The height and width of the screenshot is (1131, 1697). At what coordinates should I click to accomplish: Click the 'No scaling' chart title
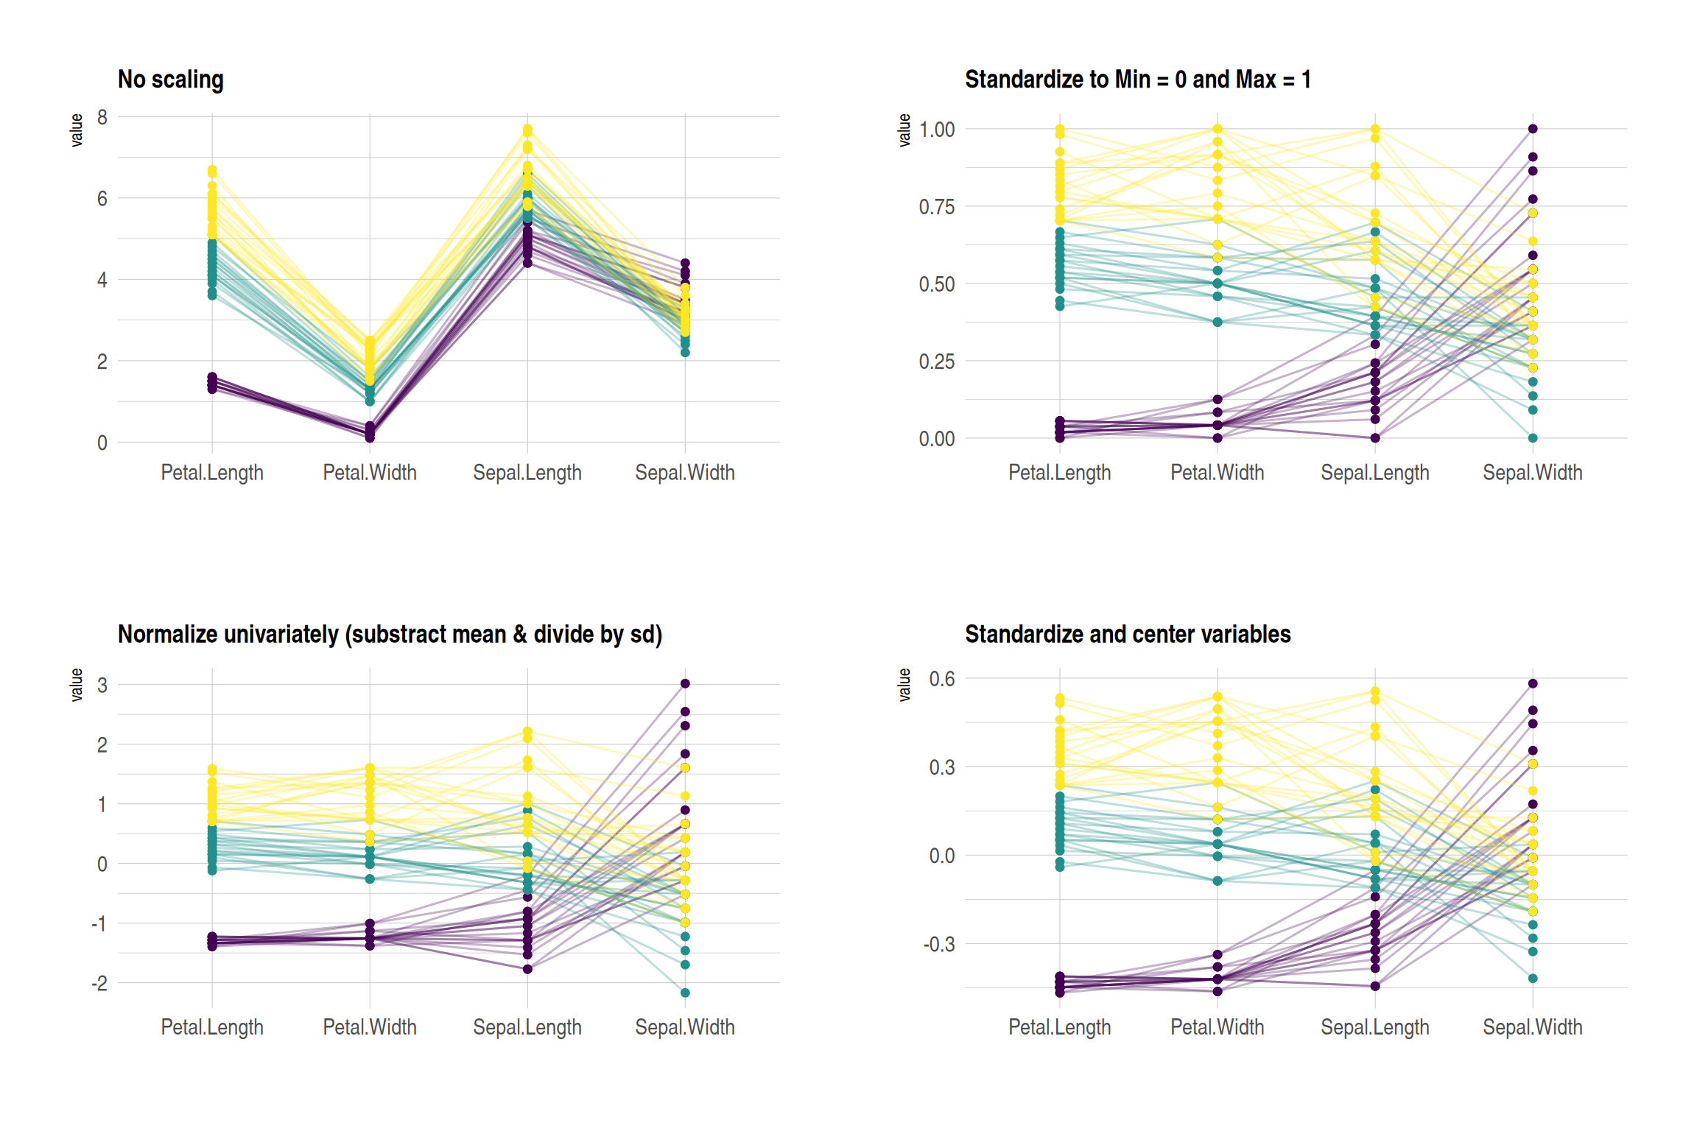point(170,80)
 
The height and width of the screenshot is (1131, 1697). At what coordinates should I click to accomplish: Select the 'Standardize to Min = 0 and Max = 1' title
point(1137,80)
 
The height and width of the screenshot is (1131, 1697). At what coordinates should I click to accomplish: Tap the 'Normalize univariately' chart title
point(390,634)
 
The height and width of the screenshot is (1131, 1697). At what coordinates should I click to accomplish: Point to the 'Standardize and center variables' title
point(1127,634)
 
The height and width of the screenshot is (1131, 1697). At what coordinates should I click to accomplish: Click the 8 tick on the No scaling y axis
point(102,117)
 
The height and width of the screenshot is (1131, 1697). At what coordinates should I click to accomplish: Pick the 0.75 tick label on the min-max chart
point(936,207)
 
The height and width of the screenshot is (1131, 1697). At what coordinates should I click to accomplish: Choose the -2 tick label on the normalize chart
point(99,983)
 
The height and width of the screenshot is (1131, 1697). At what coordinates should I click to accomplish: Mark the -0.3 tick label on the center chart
point(939,944)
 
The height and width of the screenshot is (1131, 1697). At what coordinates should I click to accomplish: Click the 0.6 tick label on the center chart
point(942,679)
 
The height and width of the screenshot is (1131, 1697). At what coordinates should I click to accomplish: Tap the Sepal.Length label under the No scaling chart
point(527,473)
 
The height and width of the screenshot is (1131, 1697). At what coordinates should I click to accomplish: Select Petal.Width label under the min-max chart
point(1217,473)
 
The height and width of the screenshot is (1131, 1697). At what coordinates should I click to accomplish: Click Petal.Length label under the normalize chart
point(212,1027)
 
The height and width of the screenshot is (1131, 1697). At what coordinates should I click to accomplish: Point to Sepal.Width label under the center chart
point(1532,1027)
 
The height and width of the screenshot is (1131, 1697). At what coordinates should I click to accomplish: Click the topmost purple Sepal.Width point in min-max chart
point(1533,129)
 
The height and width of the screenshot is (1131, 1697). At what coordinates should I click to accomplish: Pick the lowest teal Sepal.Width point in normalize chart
point(685,993)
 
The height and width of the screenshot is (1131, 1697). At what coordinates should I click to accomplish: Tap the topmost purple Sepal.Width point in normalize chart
point(685,683)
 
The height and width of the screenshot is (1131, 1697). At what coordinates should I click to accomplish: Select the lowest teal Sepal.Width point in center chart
point(1533,979)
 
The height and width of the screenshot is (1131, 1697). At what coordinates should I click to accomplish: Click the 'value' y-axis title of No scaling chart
point(77,130)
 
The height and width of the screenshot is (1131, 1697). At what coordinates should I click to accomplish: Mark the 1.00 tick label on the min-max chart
point(936,130)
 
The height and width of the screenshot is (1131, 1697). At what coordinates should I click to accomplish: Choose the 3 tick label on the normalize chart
point(102,686)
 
